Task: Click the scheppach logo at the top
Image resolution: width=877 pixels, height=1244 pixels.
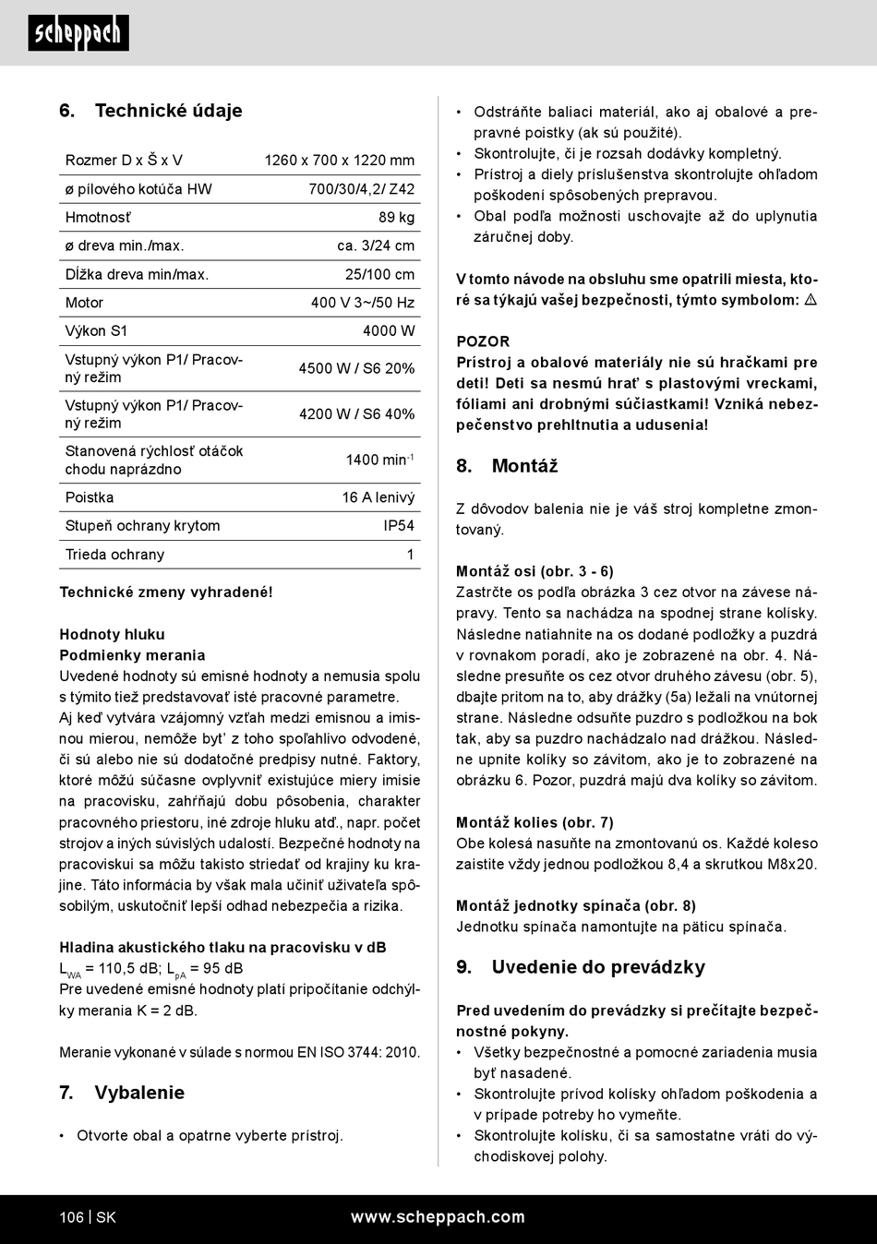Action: tap(78, 33)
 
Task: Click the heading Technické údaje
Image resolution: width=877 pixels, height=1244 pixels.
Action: tap(168, 111)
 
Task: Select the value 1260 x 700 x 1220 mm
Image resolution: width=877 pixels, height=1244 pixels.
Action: tap(339, 161)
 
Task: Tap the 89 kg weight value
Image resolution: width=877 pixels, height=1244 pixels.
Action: tap(396, 218)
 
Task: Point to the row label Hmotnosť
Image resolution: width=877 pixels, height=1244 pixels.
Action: tap(98, 218)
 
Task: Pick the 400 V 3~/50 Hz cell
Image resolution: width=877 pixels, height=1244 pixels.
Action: tap(362, 303)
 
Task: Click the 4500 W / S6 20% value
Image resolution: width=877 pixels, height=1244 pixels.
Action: tap(356, 368)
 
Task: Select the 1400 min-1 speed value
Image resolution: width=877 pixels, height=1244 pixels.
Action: tap(379, 460)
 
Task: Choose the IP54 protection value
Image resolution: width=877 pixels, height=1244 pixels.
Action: tap(399, 526)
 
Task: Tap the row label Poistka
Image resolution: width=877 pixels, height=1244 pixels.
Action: tap(90, 497)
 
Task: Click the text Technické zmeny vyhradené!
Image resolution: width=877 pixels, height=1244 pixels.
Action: tap(166, 592)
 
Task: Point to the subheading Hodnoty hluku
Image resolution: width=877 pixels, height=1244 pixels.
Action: tap(112, 634)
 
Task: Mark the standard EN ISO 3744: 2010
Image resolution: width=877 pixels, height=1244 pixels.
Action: tap(358, 1052)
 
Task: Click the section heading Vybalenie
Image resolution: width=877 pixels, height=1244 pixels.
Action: tap(139, 1093)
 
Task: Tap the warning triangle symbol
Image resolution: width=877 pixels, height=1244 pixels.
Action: tap(811, 300)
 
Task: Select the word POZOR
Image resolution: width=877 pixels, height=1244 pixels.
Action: tap(483, 341)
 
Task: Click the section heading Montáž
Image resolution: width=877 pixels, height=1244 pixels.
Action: tap(524, 466)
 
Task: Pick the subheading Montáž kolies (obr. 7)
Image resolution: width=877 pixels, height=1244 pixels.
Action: tap(535, 822)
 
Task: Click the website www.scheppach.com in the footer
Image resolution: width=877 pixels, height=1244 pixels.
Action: tap(438, 1217)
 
